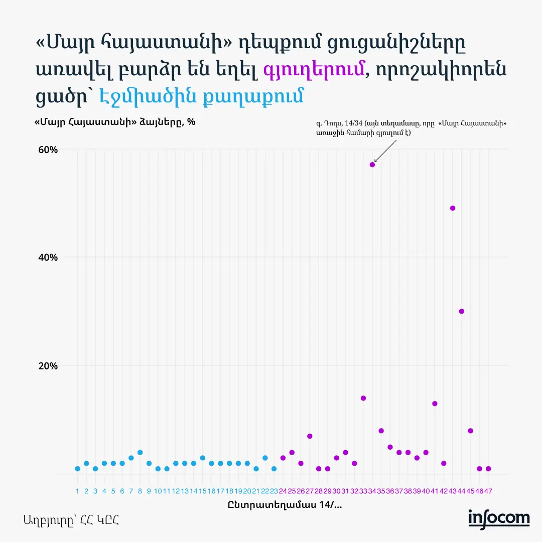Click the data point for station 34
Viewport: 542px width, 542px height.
[372, 165]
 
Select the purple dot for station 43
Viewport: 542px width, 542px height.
[453, 208]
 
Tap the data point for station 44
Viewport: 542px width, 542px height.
[462, 311]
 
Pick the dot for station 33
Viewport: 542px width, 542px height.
[363, 398]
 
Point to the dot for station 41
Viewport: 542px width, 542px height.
[435, 403]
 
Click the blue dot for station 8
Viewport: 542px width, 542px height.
[140, 453]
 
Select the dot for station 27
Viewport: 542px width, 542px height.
[310, 436]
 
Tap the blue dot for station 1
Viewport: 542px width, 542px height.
[77, 469]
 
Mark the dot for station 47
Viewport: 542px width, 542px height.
[488, 469]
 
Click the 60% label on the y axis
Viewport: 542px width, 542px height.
[49, 150]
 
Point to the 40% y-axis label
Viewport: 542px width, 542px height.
[49, 257]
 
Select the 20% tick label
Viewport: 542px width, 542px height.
[49, 365]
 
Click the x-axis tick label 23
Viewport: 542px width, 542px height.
[274, 491]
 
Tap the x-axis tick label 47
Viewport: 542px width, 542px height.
[488, 491]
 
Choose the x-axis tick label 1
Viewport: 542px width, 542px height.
[77, 491]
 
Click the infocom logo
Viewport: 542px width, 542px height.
[499, 518]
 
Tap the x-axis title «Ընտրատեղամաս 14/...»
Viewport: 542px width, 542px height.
[285, 505]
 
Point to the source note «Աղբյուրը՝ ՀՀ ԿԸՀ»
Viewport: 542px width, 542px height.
[71, 520]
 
